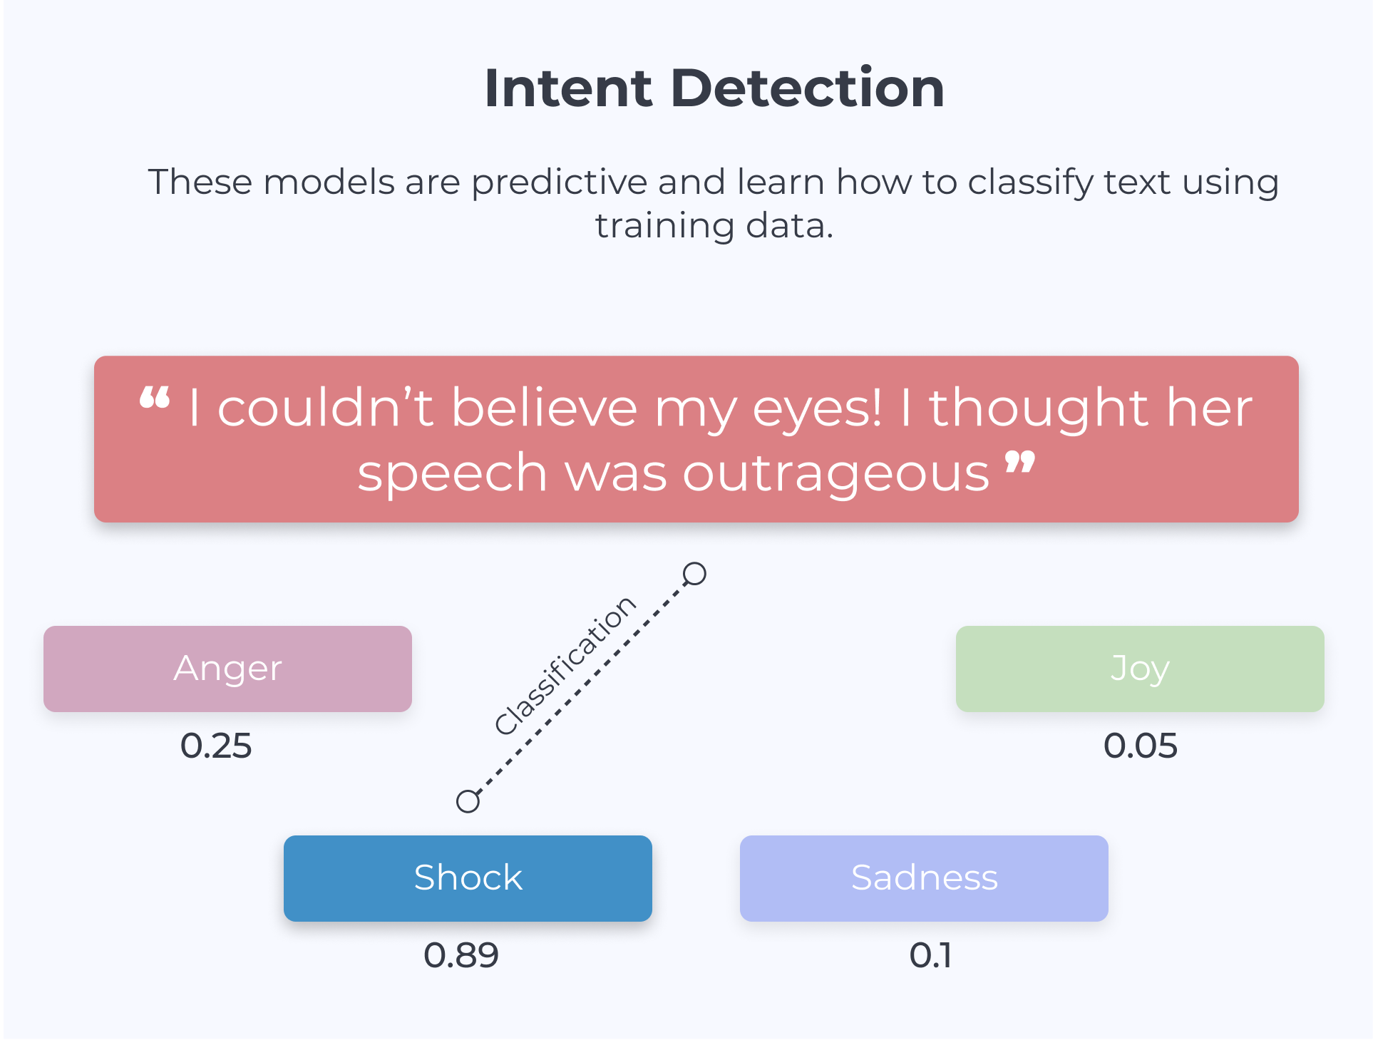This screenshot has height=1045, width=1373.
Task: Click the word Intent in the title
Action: pos(568,88)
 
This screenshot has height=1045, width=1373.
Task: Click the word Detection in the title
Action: pos(808,88)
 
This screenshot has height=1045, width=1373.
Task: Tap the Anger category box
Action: pos(227,669)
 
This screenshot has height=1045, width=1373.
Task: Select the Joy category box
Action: pos(1140,669)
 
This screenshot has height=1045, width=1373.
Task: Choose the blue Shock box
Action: pos(468,878)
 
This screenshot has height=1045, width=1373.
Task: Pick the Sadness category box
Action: pos(924,878)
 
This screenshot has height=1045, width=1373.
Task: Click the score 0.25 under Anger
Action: pos(216,746)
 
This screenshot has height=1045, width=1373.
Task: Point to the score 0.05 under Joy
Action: pos(1140,746)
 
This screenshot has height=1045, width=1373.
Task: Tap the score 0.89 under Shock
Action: pos(461,955)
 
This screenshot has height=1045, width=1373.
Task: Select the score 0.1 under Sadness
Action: pos(930,955)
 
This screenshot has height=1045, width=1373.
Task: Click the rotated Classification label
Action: pos(565,665)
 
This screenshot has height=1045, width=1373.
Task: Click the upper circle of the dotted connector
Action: pos(694,574)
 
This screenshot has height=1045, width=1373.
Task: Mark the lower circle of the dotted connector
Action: pos(468,801)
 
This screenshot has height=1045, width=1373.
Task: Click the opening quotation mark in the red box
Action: pos(155,397)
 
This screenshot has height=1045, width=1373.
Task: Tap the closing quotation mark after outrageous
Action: pos(1020,462)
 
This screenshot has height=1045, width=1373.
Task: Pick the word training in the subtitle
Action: pos(664,227)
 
